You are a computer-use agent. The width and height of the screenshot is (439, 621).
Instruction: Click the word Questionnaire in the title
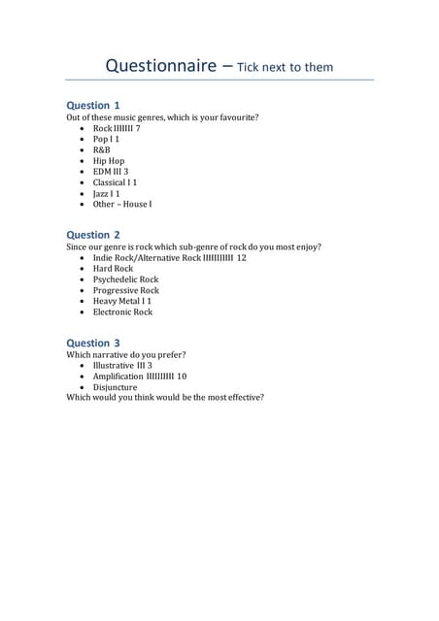pos(161,67)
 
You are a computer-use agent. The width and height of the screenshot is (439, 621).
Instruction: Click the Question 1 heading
pos(93,105)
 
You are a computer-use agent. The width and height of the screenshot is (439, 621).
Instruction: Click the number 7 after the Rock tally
pos(138,129)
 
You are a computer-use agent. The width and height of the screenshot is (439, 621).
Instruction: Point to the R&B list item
pos(102,150)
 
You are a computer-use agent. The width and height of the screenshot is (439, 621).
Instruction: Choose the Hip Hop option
pos(109,161)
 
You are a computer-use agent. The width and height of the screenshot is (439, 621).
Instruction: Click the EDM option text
pos(102,172)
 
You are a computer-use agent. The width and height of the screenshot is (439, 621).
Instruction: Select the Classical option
pos(110,182)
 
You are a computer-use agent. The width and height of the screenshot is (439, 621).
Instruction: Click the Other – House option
pos(121,205)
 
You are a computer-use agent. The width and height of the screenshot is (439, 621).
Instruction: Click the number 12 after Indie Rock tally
pos(241,259)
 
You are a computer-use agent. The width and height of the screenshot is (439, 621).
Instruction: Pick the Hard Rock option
pos(113,270)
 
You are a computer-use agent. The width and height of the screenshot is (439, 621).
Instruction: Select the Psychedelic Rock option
pos(125,280)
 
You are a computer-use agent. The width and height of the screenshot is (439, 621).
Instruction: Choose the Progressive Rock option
pos(125,291)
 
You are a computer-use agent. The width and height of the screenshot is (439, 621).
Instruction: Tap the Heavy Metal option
pos(117,302)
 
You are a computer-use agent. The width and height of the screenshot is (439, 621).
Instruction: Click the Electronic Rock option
pos(122,312)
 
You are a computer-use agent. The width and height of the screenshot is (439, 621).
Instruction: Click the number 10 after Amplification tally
pos(182,376)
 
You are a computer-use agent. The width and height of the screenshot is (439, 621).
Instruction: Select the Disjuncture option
pos(115,387)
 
